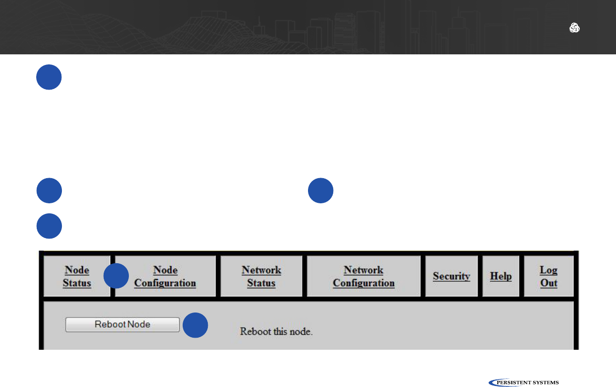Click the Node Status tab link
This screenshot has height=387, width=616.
[76, 276]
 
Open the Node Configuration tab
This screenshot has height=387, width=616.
[165, 276]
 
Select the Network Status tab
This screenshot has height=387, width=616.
[261, 276]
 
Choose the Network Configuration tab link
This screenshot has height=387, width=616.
[363, 276]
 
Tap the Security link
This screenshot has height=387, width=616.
[451, 276]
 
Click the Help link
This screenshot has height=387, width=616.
[501, 276]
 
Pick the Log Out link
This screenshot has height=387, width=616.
[549, 276]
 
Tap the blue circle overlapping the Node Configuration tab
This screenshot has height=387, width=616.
[116, 276]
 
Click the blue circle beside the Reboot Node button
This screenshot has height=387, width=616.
[195, 325]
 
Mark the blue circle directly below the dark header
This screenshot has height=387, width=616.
[49, 77]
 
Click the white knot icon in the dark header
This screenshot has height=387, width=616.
[574, 28]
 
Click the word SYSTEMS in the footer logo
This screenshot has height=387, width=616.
[546, 382]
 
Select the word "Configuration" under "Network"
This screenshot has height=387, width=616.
[363, 283]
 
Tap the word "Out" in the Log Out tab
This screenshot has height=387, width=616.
[549, 283]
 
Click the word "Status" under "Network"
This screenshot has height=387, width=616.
[261, 283]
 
